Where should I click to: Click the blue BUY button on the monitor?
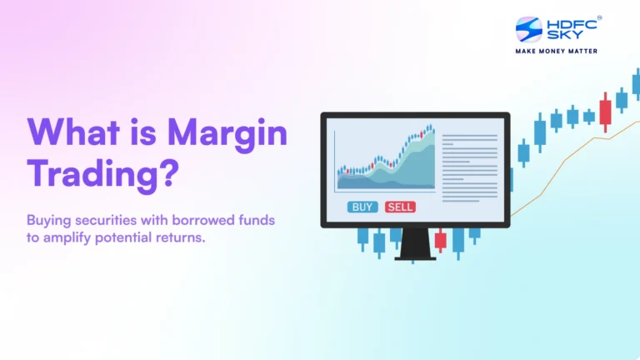[363, 207]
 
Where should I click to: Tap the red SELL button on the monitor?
[400, 207]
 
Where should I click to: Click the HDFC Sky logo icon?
[528, 29]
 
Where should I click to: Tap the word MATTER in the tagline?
[581, 51]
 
